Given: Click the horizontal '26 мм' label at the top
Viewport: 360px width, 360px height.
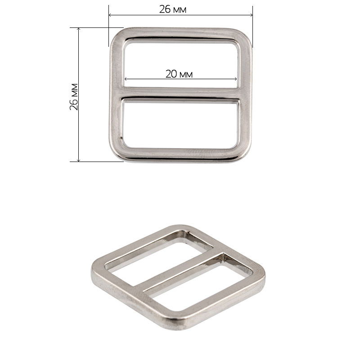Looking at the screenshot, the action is pyautogui.click(x=173, y=9).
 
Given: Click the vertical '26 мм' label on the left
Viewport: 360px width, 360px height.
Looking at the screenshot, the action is pyautogui.click(x=74, y=97).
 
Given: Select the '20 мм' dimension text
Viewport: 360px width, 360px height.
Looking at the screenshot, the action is pyautogui.click(x=179, y=74).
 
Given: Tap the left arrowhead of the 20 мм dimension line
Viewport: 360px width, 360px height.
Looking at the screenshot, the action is pyautogui.click(x=126, y=79).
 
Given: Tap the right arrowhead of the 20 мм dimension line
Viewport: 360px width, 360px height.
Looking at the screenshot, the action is pyautogui.click(x=235, y=79).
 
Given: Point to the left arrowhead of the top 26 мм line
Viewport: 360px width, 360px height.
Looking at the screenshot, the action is pyautogui.click(x=110, y=15).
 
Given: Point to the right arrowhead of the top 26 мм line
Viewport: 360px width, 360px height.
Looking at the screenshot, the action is pyautogui.click(x=251, y=15).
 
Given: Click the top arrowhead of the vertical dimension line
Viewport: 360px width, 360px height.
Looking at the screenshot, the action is pyautogui.click(x=79, y=29).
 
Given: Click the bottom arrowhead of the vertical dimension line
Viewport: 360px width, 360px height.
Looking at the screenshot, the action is pyautogui.click(x=79, y=160).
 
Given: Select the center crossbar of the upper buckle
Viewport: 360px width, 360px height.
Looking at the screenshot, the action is pyautogui.click(x=180, y=93).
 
